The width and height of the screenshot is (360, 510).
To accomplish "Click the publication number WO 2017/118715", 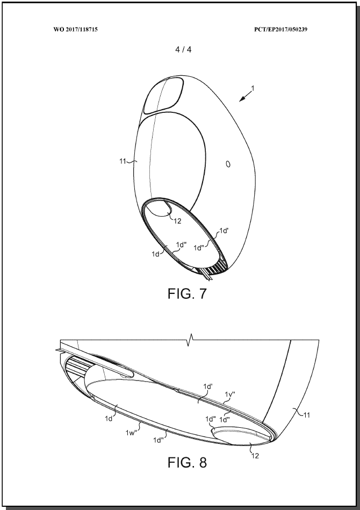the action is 75,29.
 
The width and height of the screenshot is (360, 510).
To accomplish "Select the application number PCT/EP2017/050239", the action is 281,29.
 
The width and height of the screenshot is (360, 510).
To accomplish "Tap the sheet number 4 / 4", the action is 183,49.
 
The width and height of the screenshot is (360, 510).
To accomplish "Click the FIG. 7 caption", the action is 187,293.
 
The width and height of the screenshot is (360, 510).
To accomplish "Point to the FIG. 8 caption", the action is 187,462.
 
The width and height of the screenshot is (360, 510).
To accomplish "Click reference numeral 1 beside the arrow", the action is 253,88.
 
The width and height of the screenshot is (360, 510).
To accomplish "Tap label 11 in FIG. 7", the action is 123,161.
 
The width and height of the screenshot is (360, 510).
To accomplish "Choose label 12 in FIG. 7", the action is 177,221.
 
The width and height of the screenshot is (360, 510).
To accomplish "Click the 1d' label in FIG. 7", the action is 224,231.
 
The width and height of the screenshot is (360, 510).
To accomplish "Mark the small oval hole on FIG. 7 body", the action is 228,164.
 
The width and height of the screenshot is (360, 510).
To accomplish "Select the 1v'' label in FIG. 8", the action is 230,394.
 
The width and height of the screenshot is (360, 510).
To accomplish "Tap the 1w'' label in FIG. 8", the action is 131,433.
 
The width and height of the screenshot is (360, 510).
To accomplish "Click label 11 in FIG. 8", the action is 307,415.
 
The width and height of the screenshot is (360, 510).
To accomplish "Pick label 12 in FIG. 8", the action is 255,456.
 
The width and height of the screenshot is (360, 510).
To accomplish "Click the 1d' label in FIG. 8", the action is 208,386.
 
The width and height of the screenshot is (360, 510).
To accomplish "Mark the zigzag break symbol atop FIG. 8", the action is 189,340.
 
